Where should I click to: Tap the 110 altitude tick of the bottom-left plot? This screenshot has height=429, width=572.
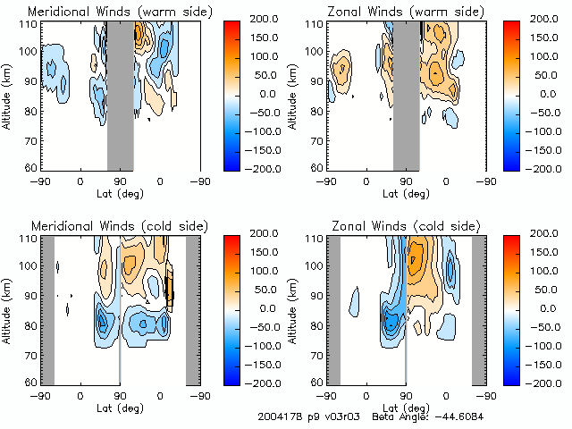[26, 240]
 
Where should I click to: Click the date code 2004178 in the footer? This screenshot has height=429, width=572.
[278, 417]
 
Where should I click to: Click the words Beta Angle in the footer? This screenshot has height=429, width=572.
[399, 417]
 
